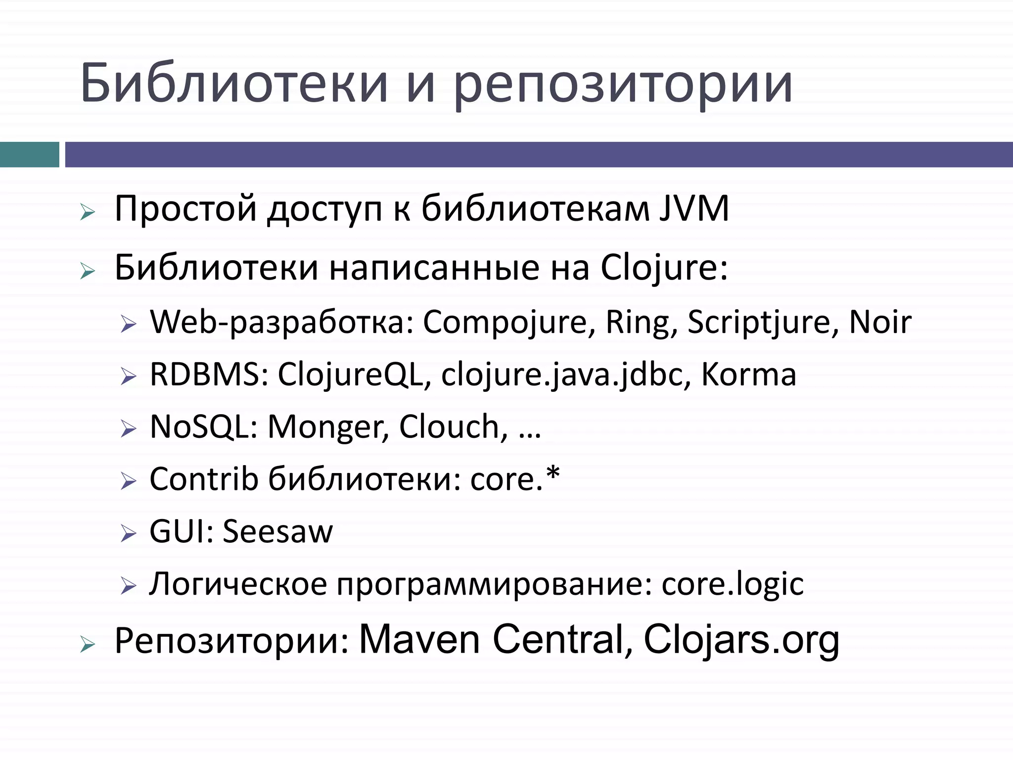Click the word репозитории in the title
[623, 84]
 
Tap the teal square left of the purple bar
[29, 154]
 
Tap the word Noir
[880, 322]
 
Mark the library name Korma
[748, 374]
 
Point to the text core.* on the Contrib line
[515, 478]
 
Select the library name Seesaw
[278, 531]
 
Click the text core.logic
[733, 584]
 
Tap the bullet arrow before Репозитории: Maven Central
[87, 644]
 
